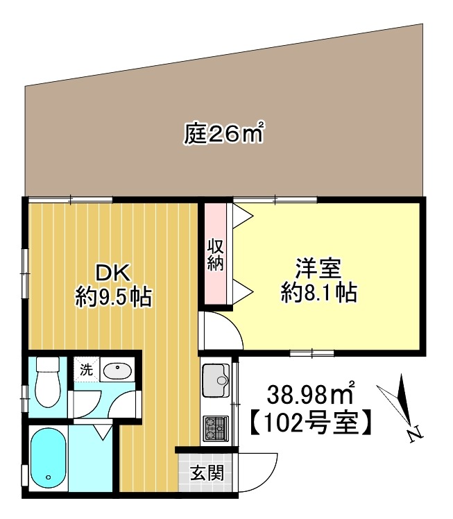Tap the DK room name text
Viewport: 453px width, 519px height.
tap(113, 271)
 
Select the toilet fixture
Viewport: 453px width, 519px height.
tap(48, 382)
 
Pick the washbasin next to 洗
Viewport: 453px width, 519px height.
tap(117, 371)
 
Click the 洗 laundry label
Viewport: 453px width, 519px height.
tap(86, 370)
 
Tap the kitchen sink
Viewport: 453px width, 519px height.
tap(216, 380)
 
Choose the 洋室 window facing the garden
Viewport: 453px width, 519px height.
tap(275, 200)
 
